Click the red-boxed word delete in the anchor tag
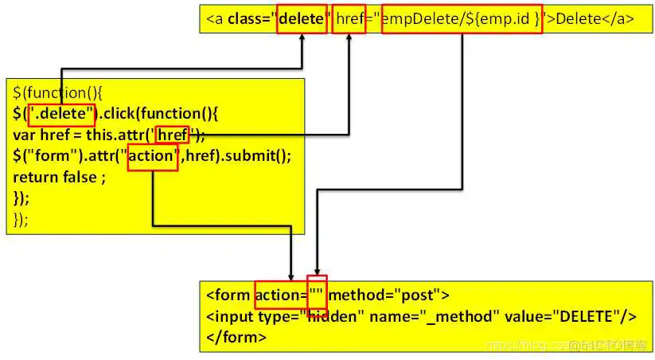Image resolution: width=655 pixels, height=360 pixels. tap(301, 19)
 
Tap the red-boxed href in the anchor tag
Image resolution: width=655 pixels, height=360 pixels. tap(349, 19)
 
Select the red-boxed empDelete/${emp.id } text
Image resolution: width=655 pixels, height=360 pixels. tap(462, 19)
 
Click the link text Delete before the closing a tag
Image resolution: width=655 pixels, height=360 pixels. tap(576, 19)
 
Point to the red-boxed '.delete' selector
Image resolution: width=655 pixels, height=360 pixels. tap(62, 114)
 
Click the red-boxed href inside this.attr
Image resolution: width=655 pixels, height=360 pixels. tap(173, 135)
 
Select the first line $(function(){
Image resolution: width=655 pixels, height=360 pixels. tap(53, 93)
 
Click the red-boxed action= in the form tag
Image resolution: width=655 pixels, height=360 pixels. tap(281, 295)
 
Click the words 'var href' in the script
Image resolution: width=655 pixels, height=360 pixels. tap(41, 135)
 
